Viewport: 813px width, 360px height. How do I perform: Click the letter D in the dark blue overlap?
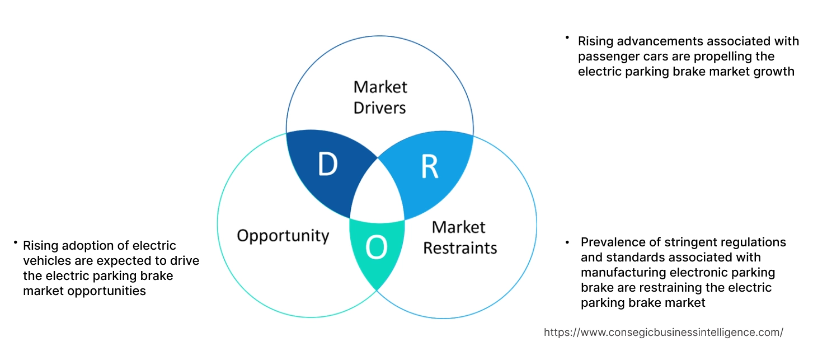click(x=327, y=164)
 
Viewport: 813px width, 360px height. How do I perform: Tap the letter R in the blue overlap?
click(x=429, y=167)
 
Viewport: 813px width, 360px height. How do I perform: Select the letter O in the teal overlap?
click(x=376, y=247)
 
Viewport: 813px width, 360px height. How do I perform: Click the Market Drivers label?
click(x=380, y=97)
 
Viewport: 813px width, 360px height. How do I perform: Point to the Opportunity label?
click(x=283, y=235)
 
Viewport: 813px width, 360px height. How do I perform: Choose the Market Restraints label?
click(x=459, y=237)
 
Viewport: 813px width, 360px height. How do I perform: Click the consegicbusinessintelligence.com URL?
click(x=663, y=332)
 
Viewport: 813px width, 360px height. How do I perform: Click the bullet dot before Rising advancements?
click(x=566, y=38)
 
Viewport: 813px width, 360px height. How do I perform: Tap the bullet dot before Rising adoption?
click(x=15, y=242)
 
